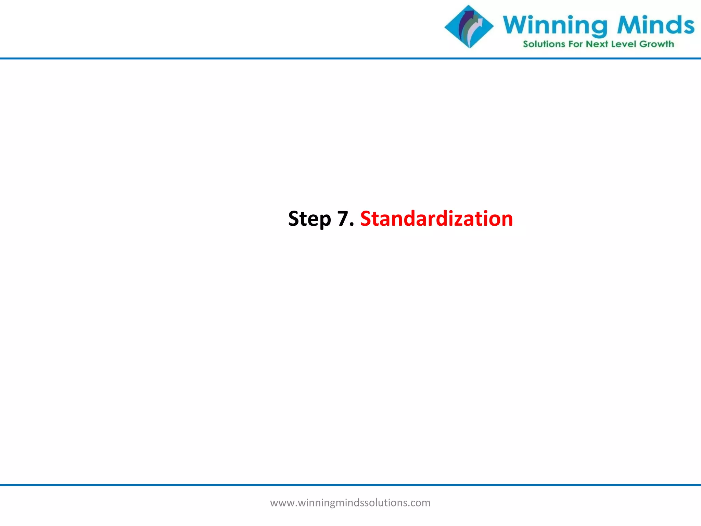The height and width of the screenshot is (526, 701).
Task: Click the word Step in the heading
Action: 309,219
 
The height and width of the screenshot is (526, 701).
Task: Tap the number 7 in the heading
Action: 343,218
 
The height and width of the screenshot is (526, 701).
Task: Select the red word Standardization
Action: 436,218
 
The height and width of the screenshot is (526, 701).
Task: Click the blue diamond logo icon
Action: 469,27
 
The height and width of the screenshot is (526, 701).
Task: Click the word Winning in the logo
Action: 555,26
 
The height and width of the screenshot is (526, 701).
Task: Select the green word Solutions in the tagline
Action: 544,44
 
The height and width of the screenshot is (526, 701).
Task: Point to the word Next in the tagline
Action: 597,44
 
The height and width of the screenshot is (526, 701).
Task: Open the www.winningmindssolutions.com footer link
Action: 350,503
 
